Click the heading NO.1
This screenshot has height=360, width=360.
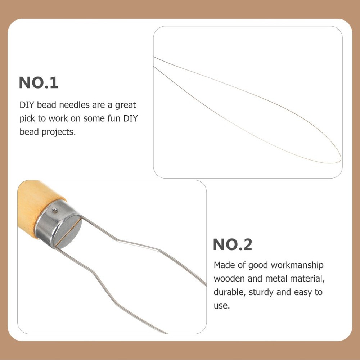pyautogui.click(x=38, y=83)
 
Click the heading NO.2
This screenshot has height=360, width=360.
pyautogui.click(x=232, y=245)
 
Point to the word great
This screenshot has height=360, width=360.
pyautogui.click(x=125, y=105)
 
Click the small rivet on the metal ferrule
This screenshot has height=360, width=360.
pyautogui.click(x=54, y=211)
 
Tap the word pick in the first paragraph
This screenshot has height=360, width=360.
pyautogui.click(x=27, y=118)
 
